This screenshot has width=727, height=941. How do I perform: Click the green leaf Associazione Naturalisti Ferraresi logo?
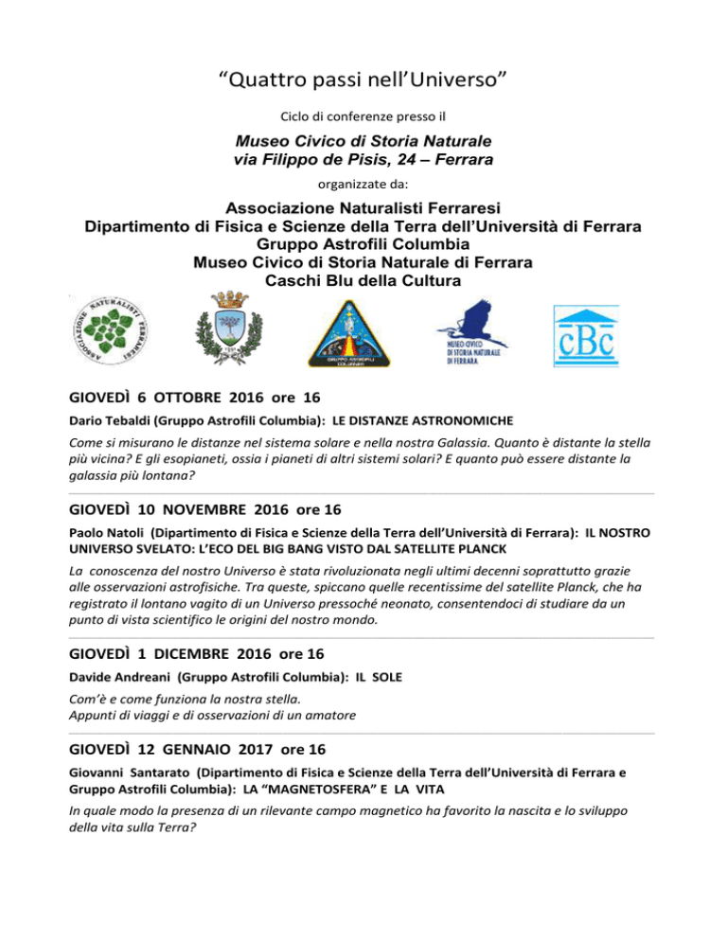[115, 329]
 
